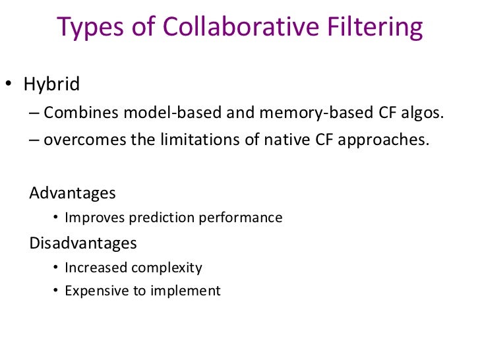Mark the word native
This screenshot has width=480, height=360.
coord(282,140)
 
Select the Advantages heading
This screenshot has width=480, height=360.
coord(73,193)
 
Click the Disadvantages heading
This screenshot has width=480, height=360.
coord(83,243)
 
